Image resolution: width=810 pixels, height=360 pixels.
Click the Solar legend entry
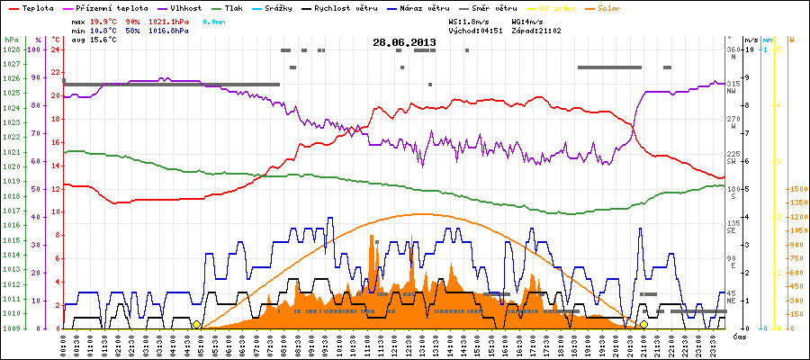[x=622, y=7]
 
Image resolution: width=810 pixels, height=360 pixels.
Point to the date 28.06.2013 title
[x=404, y=42]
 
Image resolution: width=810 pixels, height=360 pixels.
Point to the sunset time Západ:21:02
[x=536, y=30]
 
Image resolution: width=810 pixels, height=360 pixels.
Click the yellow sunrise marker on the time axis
[x=196, y=324]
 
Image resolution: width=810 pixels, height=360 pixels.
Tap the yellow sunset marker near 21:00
[x=643, y=324]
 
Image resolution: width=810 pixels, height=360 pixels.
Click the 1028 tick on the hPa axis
[x=11, y=49]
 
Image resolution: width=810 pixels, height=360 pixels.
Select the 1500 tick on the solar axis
[x=796, y=190]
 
